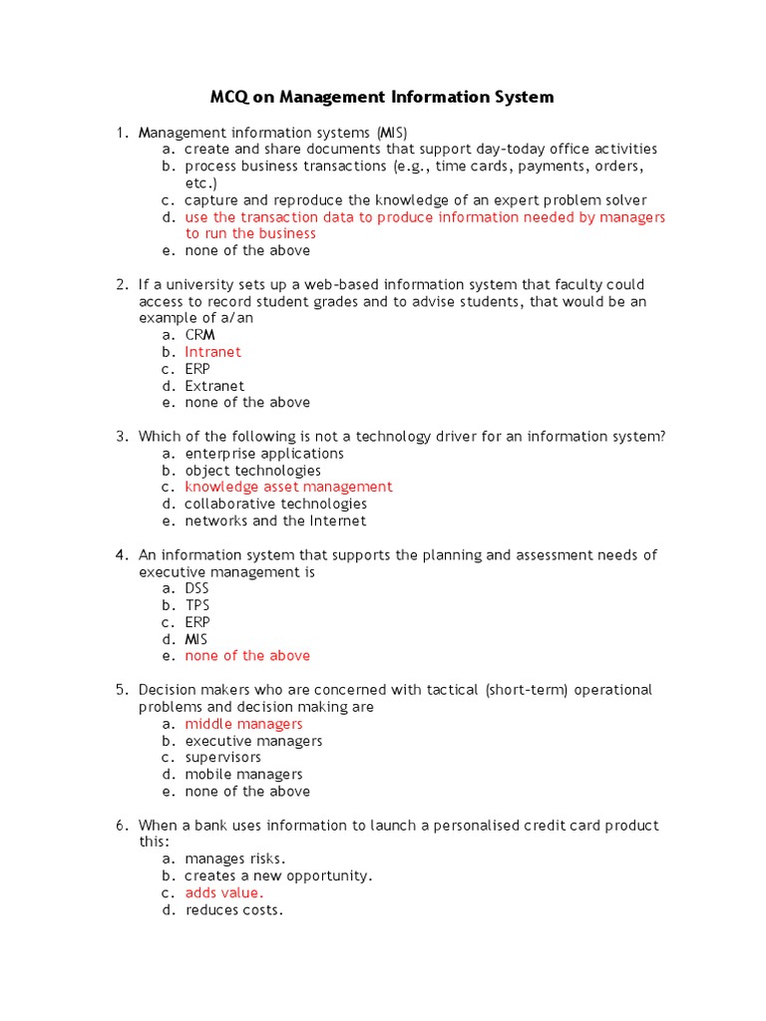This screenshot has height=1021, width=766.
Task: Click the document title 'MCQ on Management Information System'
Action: click(x=381, y=98)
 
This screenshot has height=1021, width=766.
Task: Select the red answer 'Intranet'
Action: click(x=212, y=352)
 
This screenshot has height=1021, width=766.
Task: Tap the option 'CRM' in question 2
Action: click(x=199, y=335)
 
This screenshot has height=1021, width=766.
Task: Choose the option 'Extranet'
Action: click(x=214, y=386)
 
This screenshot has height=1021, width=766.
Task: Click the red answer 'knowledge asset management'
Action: click(x=288, y=487)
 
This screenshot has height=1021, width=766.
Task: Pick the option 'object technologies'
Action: click(x=252, y=470)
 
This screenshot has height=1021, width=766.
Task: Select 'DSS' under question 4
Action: click(x=197, y=588)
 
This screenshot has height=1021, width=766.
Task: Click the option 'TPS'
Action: click(x=197, y=605)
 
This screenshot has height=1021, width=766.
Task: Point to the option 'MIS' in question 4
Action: click(x=196, y=639)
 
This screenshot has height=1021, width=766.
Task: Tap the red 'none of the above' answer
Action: click(x=247, y=656)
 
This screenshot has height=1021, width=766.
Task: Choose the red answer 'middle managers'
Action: click(x=243, y=724)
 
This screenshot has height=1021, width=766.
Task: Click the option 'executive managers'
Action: click(x=253, y=741)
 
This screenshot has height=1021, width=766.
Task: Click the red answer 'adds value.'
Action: click(x=224, y=893)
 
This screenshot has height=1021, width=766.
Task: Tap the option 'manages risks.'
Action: click(x=235, y=858)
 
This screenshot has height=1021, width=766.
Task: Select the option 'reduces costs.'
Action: click(x=234, y=910)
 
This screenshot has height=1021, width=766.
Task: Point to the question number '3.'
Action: click(x=123, y=436)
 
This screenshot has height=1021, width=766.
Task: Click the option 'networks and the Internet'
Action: click(x=275, y=520)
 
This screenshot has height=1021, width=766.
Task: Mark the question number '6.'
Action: click(x=123, y=826)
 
